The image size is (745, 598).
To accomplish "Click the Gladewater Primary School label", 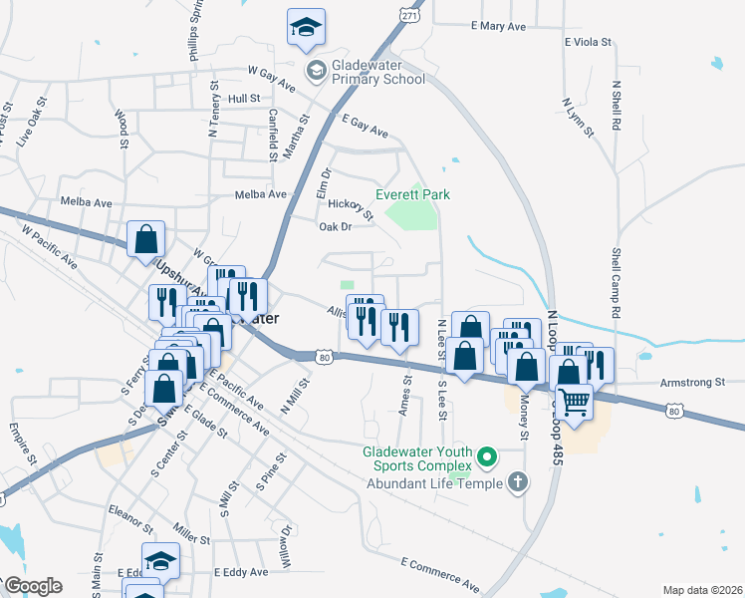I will [x=378, y=73].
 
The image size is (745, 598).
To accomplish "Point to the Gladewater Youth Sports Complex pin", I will [x=487, y=457].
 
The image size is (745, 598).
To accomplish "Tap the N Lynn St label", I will [x=577, y=117].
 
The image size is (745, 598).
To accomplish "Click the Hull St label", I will [x=243, y=99].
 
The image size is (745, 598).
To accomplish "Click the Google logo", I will [x=33, y=586].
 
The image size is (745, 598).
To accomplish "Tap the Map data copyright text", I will [x=701, y=590].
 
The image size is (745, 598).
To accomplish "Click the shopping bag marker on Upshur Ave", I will [x=146, y=239].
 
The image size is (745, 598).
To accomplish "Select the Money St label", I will [x=522, y=422].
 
